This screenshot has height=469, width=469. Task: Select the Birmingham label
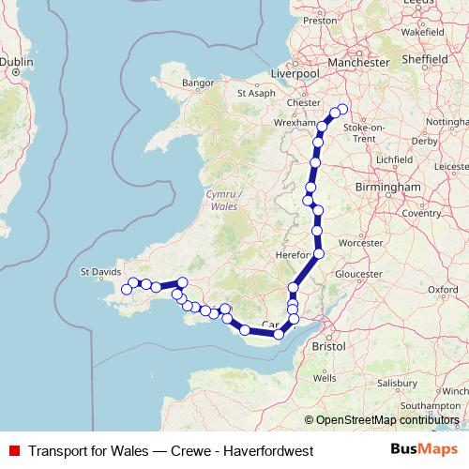tap(387, 188)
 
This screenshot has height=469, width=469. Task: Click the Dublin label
tap(16, 62)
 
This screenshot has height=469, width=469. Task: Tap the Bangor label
tap(199, 83)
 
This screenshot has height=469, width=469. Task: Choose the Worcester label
tap(361, 242)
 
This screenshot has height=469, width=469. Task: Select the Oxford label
tap(445, 290)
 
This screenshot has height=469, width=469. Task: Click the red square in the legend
tap(15, 450)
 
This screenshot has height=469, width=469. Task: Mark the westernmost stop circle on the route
tap(127, 290)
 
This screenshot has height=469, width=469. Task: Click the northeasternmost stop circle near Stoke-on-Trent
tap(342, 109)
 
